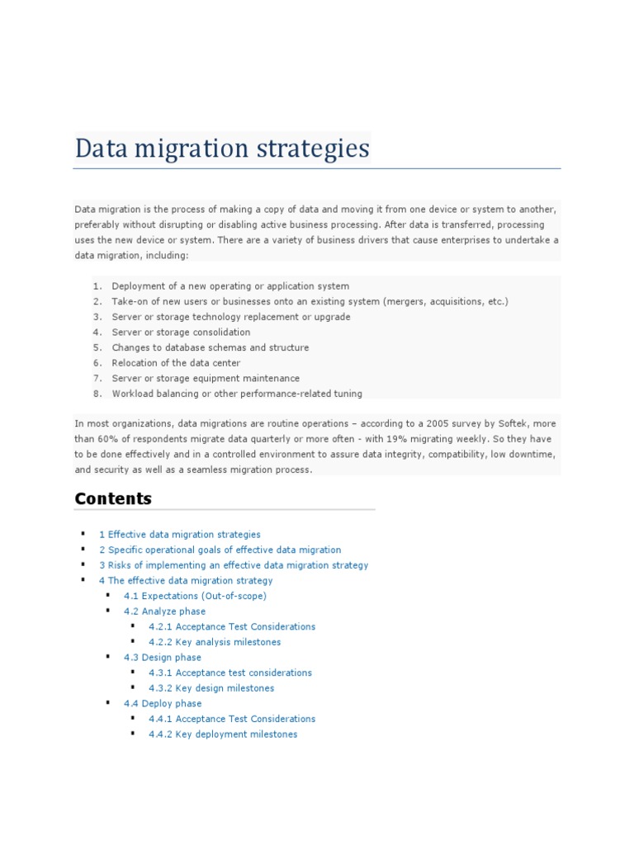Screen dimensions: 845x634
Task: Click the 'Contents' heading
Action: pyautogui.click(x=113, y=498)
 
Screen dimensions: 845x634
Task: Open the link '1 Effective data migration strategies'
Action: pyautogui.click(x=179, y=535)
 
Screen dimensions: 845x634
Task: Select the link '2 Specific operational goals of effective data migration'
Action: pyautogui.click(x=220, y=550)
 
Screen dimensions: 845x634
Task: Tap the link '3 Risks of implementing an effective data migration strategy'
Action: pyautogui.click(x=234, y=565)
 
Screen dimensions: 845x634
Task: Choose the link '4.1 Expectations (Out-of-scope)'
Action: pyautogui.click(x=195, y=596)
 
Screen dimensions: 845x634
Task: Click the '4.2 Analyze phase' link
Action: pyautogui.click(x=164, y=611)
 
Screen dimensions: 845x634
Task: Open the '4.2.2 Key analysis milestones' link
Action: pyautogui.click(x=215, y=642)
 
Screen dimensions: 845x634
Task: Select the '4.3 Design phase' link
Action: pyautogui.click(x=162, y=658)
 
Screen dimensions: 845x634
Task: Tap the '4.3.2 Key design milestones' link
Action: pyautogui.click(x=211, y=688)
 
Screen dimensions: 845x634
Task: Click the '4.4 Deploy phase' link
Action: pyautogui.click(x=163, y=704)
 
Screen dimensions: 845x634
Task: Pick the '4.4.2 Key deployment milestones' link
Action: pyautogui.click(x=223, y=734)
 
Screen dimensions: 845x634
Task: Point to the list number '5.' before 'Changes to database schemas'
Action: pyautogui.click(x=97, y=347)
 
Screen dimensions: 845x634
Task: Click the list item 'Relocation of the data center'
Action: pyautogui.click(x=176, y=363)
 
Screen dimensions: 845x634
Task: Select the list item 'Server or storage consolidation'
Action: pyautogui.click(x=181, y=333)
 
